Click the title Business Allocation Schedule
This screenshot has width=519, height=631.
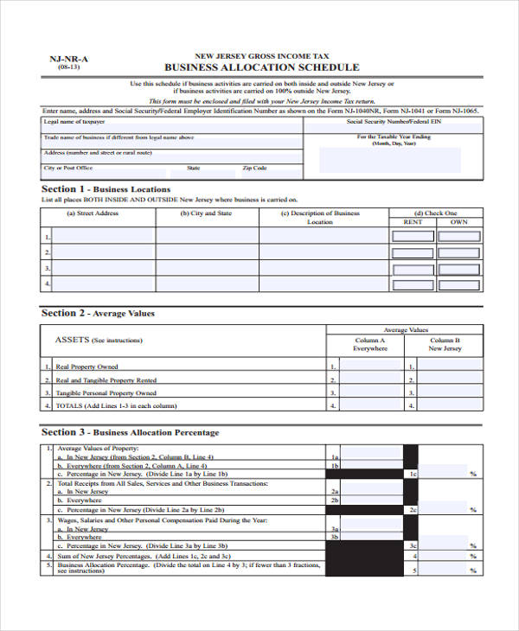[x=261, y=67]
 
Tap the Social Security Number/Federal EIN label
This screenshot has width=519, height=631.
[x=394, y=122]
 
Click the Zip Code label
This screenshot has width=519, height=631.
[x=254, y=168]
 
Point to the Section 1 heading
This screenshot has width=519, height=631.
[x=106, y=188]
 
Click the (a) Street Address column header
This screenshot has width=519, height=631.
[x=93, y=213]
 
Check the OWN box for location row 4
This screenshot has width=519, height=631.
[x=459, y=284]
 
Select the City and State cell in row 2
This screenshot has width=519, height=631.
[x=207, y=252]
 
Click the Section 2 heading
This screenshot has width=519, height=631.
[x=98, y=313]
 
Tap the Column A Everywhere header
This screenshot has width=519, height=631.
[x=370, y=344]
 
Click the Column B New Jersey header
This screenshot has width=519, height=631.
[x=445, y=344]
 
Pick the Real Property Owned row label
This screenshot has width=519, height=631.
[x=86, y=366]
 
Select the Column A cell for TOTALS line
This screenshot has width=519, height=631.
[x=371, y=405]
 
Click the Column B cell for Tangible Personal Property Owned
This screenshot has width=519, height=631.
[x=449, y=392]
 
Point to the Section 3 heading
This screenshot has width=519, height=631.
[x=130, y=432]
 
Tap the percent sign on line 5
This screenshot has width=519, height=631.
[x=473, y=570]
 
